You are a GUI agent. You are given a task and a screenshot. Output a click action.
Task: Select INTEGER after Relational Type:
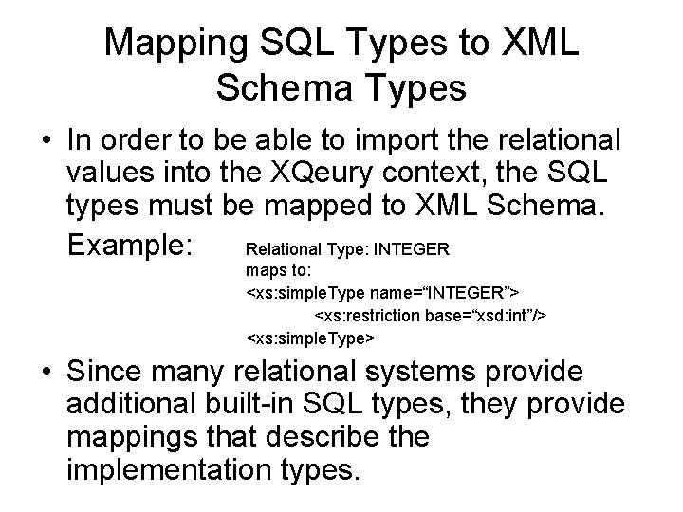point(415,250)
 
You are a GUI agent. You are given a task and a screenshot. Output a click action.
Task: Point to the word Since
point(113,372)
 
